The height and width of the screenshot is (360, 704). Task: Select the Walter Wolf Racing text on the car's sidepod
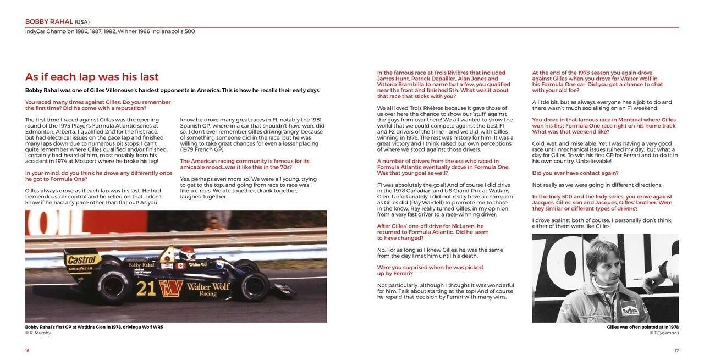pyautogui.click(x=207, y=289)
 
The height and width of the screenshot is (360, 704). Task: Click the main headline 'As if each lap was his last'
pyautogui.click(x=92, y=76)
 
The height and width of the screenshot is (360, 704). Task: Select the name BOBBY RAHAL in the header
pyautogui.click(x=49, y=21)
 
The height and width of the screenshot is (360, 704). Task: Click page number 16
pyautogui.click(x=27, y=351)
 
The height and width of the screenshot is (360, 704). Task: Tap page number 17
pyautogui.click(x=676, y=351)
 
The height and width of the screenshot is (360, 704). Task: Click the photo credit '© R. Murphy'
pyautogui.click(x=38, y=333)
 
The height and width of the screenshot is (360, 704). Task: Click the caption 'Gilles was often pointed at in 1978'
pyautogui.click(x=642, y=327)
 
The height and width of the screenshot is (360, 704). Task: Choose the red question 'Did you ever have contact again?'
pyautogui.click(x=575, y=173)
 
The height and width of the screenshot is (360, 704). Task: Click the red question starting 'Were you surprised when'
pyautogui.click(x=430, y=270)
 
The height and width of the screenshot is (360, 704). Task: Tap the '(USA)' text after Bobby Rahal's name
pyautogui.click(x=82, y=22)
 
